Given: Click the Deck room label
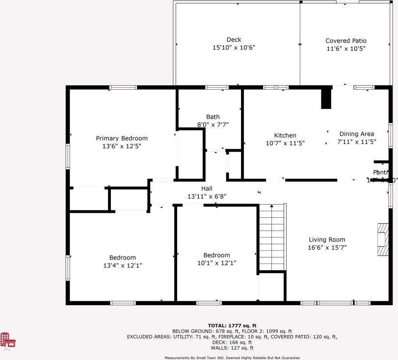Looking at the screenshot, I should coord(234,40).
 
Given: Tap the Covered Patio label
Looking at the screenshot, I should coord(345,41).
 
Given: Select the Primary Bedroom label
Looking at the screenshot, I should coord(121,138).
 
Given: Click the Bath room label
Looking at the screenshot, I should coord(212,117).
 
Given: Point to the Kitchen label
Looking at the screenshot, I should coord(285,135).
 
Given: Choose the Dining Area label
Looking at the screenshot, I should coord(356,134).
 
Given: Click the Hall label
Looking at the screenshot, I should coord(207,188).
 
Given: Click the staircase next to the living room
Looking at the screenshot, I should coord(272,236).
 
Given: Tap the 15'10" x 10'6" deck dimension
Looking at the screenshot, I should coord(234,48).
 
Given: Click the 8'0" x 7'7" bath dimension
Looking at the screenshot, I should coord(212,125).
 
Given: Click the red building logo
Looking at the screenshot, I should coord(7,340).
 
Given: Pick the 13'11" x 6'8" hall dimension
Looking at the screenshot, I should coord(207,196).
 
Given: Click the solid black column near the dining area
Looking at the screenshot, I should coord(326,98).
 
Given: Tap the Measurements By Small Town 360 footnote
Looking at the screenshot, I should coord(232,358).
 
